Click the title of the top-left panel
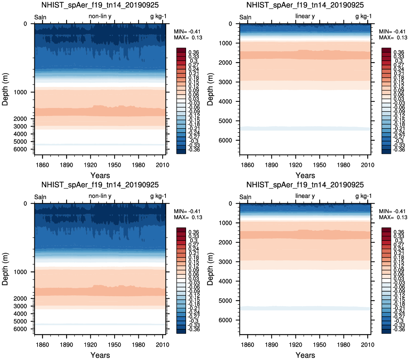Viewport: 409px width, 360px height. [x=100, y=5]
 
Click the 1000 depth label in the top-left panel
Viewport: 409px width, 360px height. [x=20, y=92]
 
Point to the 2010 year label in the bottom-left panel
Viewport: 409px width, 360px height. [x=163, y=345]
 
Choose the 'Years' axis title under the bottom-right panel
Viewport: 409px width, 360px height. [x=305, y=355]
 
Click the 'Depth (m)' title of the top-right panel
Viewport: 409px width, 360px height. [x=210, y=89]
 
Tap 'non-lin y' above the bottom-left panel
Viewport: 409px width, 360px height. [x=100, y=196]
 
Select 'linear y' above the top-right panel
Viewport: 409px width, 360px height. [x=305, y=16]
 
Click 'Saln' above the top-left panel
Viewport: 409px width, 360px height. [x=40, y=17]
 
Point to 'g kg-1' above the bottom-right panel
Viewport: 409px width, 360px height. [x=363, y=196]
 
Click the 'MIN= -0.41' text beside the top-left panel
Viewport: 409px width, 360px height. [x=187, y=31]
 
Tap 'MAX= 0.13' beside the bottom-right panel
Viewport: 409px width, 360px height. [x=393, y=217]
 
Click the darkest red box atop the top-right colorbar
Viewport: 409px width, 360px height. [x=386, y=50]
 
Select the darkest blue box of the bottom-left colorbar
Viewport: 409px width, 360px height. [x=181, y=331]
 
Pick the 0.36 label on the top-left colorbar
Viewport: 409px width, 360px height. [x=194, y=52]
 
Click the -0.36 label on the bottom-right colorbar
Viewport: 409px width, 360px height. [x=399, y=330]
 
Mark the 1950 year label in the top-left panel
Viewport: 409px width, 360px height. [x=115, y=165]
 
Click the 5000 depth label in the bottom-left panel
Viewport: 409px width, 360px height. [x=20, y=321]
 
